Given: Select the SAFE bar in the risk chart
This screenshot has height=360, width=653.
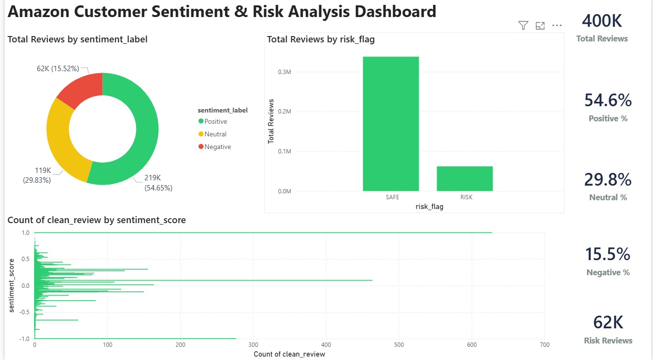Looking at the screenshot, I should pos(391,124).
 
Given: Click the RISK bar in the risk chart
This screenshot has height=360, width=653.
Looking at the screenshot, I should pos(464,178).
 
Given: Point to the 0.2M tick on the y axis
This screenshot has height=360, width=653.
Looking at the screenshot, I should pos(284,112).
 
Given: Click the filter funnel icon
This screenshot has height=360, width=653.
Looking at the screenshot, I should pos(523,26).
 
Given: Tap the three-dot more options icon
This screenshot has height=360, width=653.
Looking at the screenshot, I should pos(557,26).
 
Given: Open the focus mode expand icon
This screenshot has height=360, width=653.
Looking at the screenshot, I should pos(540,26).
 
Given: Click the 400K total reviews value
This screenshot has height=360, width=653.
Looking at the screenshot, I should pos(602,21).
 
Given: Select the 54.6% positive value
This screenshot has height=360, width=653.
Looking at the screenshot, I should pos(608,100).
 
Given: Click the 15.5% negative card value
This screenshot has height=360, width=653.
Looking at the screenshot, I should pos(608,254).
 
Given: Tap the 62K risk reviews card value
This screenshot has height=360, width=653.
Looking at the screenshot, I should pos(608,322).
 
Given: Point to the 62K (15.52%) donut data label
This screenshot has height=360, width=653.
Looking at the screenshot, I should pos(58,69).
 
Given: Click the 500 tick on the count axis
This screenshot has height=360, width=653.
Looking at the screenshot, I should pos(399,345).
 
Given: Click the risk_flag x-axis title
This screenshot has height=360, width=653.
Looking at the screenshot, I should pos(429,207).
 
